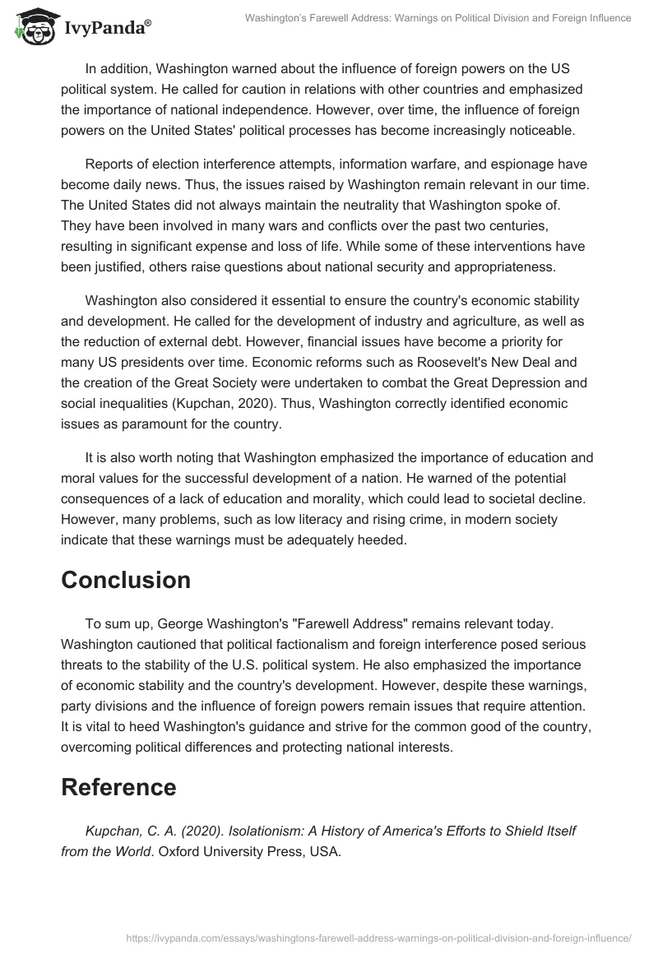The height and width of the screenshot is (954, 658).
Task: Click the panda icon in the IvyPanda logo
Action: point(31,27)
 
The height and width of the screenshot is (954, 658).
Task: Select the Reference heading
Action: point(118,787)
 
